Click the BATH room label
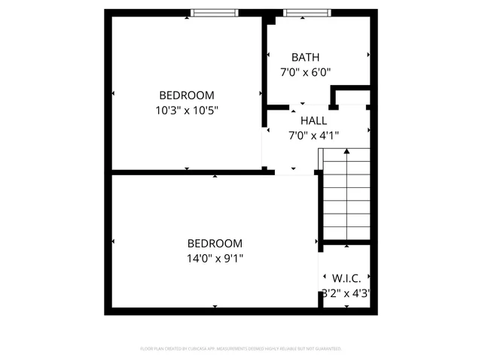(x=305, y=57)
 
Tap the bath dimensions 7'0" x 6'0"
(x=305, y=72)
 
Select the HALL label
(x=313, y=120)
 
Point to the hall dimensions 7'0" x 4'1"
(x=313, y=135)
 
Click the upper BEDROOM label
(x=186, y=95)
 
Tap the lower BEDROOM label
(x=215, y=243)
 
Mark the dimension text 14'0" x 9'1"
(x=215, y=258)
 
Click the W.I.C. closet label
(x=345, y=279)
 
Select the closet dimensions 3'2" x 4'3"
(x=345, y=294)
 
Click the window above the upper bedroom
(x=215, y=12)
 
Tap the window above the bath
(x=307, y=12)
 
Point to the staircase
(x=346, y=196)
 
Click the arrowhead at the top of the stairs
(x=346, y=152)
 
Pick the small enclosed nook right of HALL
(x=352, y=98)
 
